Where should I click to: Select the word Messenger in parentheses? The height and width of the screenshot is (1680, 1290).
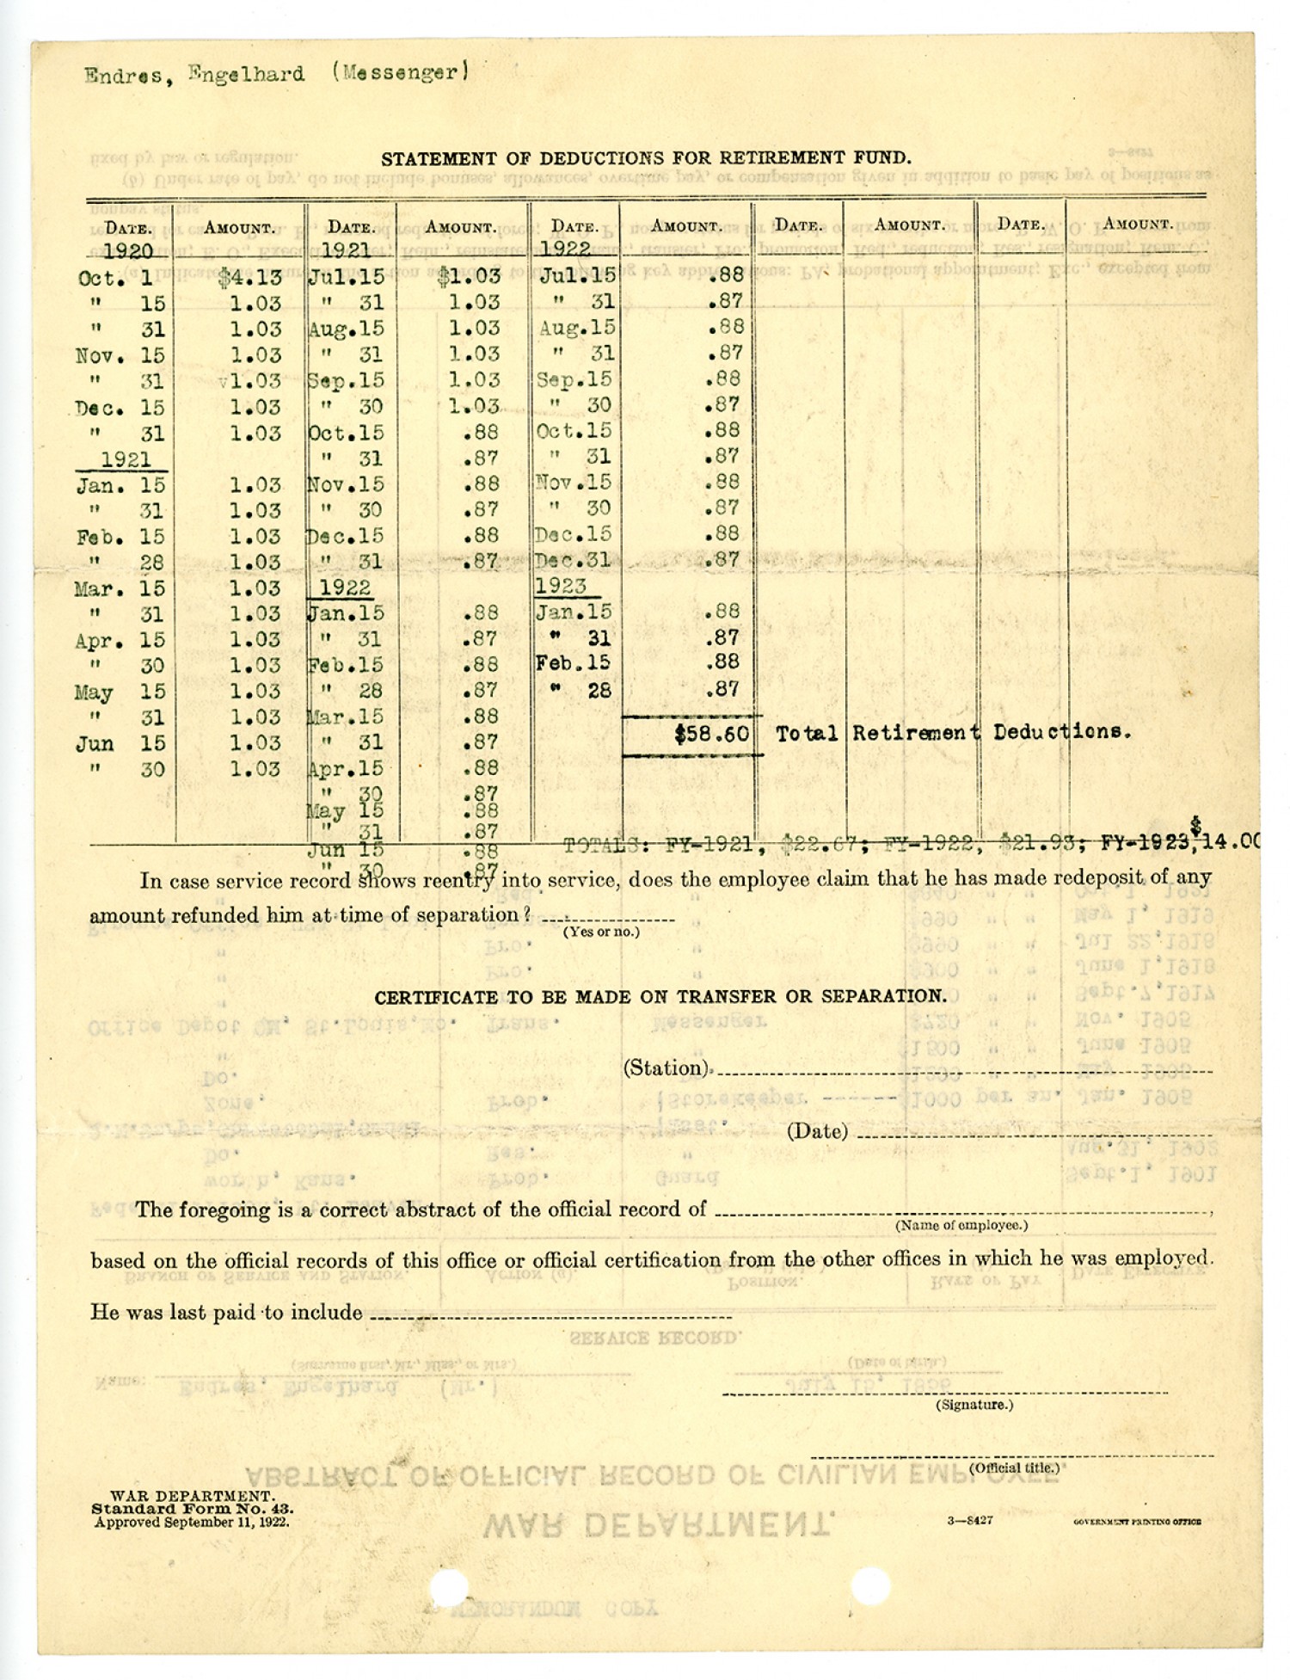click(399, 73)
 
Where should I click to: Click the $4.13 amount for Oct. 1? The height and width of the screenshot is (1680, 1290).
click(249, 278)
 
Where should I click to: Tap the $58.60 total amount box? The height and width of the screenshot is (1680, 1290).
click(711, 735)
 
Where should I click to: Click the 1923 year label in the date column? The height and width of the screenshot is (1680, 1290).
click(561, 587)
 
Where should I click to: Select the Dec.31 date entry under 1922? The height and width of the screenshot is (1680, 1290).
click(573, 561)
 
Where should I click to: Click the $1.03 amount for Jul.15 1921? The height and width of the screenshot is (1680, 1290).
click(468, 277)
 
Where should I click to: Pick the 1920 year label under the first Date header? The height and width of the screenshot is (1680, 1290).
click(128, 251)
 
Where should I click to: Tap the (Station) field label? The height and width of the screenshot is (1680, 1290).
click(666, 1068)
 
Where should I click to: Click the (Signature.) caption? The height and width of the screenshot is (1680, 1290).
click(974, 1405)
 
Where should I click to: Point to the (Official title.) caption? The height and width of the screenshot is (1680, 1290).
click(1014, 1468)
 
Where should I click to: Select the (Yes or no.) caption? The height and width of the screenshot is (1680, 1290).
click(601, 932)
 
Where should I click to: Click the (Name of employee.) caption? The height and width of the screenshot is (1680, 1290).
click(961, 1225)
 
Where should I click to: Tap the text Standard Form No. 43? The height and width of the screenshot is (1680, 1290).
click(193, 1509)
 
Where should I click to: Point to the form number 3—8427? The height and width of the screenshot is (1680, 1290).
click(970, 1520)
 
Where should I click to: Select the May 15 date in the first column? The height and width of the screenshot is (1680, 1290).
click(119, 692)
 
